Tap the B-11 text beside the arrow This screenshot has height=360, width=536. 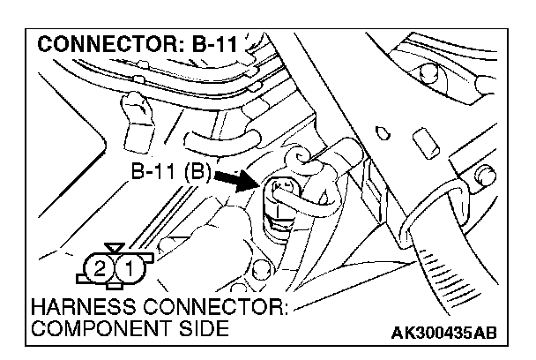tap(156, 171)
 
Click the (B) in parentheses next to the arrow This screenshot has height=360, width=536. tap(196, 171)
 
